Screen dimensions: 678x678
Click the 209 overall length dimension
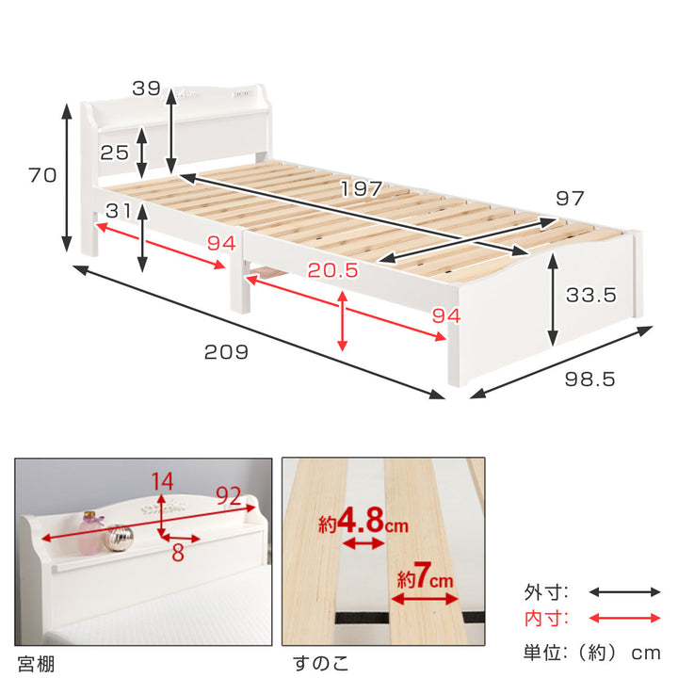[x=226, y=352]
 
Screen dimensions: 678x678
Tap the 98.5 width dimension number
[x=589, y=379]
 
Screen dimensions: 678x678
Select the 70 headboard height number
[x=42, y=175]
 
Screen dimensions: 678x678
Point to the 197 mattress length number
[x=362, y=188]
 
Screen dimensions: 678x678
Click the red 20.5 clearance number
[x=333, y=270]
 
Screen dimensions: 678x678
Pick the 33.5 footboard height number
[x=591, y=295]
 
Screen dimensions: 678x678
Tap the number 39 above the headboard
[x=146, y=89]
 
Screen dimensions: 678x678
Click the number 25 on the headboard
[x=115, y=153]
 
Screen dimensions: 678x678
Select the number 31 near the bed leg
[x=118, y=211]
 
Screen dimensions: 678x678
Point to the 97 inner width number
[x=570, y=199]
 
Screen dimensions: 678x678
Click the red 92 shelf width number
[x=228, y=496]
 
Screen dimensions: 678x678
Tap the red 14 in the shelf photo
[x=163, y=481]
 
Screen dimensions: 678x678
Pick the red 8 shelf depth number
[x=178, y=553]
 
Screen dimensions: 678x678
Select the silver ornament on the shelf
[x=118, y=539]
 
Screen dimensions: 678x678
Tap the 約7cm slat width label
[x=425, y=576]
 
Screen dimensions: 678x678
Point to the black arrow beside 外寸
[x=624, y=592]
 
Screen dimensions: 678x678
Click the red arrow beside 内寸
[x=624, y=619]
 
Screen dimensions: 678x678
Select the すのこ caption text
[x=320, y=663]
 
